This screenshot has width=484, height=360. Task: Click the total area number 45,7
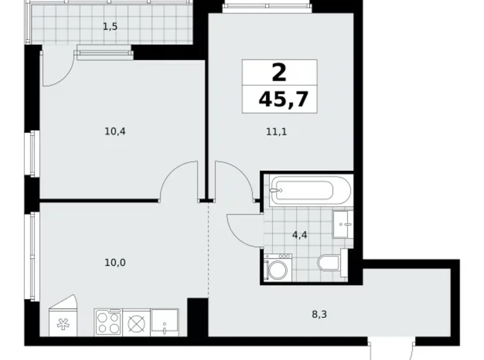pyautogui.click(x=283, y=99)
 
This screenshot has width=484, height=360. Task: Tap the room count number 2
pyautogui.click(x=279, y=73)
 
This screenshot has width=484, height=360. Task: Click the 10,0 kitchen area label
pyautogui.click(x=115, y=262)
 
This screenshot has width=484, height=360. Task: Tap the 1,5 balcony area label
pyautogui.click(x=110, y=26)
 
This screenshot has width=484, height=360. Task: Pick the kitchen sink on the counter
pyautogui.click(x=164, y=323)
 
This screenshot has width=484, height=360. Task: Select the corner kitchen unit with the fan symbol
pyautogui.click(x=63, y=320)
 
